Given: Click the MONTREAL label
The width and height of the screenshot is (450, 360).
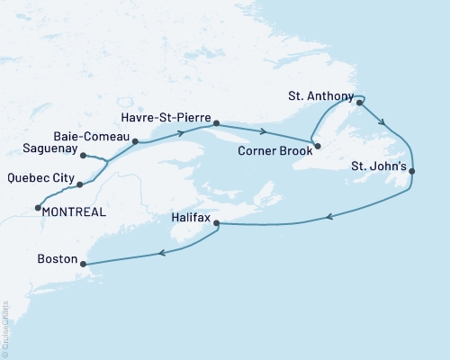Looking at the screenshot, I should click(x=74, y=212).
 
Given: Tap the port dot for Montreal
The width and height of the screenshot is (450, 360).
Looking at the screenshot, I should click(x=37, y=209).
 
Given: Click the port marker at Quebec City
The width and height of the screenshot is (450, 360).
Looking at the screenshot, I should click(x=80, y=184).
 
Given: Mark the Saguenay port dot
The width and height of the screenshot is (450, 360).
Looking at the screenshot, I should click(x=84, y=156).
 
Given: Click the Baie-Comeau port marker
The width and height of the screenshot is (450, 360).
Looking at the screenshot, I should click(x=135, y=141).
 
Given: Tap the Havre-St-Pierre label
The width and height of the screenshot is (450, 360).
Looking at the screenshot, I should click(x=169, y=117).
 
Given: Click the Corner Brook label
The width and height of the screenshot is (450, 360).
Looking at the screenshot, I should click(x=274, y=153).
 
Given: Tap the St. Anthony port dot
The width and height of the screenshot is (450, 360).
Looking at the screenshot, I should click(x=359, y=102).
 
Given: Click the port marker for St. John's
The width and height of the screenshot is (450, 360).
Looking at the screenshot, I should click(x=411, y=171).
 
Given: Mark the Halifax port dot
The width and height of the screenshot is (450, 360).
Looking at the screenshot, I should click(x=217, y=223).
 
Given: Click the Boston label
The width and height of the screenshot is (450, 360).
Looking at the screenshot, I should click(x=57, y=258).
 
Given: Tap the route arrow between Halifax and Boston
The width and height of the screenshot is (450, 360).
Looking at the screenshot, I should click(x=162, y=253).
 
